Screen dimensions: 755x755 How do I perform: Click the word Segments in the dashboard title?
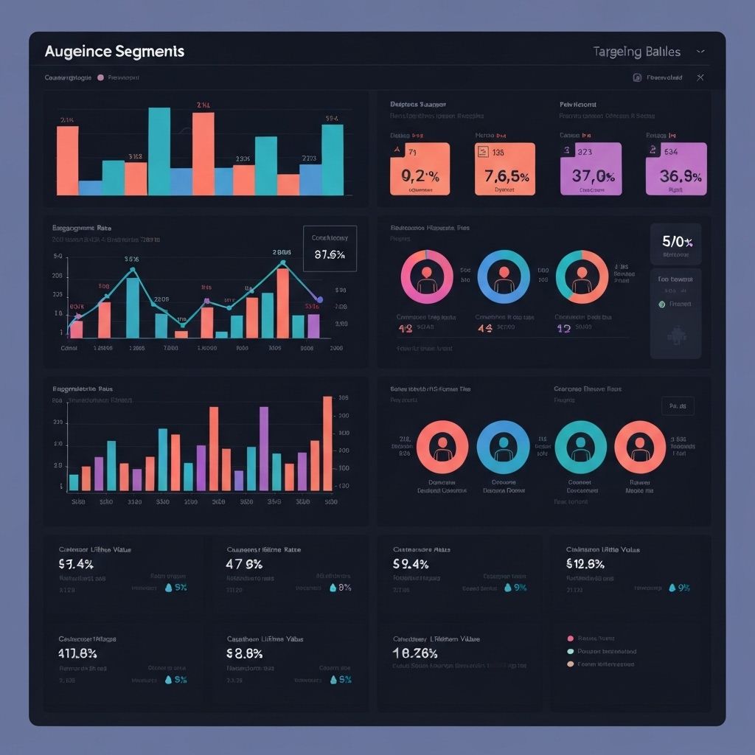point(151,52)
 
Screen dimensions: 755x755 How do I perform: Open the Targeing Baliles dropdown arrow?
point(700,52)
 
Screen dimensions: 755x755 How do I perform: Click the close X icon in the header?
point(700,77)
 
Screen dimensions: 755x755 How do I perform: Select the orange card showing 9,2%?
point(420,169)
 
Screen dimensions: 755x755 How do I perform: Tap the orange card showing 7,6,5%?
point(505,169)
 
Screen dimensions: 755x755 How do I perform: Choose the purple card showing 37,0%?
point(591,169)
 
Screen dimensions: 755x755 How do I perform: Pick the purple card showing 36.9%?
point(676,169)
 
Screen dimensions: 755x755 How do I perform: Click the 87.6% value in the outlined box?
point(330,255)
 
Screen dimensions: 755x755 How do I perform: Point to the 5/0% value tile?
point(676,242)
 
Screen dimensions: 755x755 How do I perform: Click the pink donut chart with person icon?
point(426,277)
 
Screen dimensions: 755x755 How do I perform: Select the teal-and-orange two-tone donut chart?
point(582,277)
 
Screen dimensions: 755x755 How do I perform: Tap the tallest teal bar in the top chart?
point(159,151)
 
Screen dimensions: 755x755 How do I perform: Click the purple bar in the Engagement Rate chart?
point(313,325)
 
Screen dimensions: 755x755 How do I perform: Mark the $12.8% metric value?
point(585,565)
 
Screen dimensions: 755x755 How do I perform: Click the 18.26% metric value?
point(416,653)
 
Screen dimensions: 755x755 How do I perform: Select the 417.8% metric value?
point(77,653)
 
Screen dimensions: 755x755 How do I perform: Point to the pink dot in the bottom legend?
point(571,639)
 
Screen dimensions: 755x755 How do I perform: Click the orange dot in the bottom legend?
point(571,664)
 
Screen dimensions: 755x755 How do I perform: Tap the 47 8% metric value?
point(244,565)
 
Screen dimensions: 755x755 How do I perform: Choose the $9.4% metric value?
point(411,565)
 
